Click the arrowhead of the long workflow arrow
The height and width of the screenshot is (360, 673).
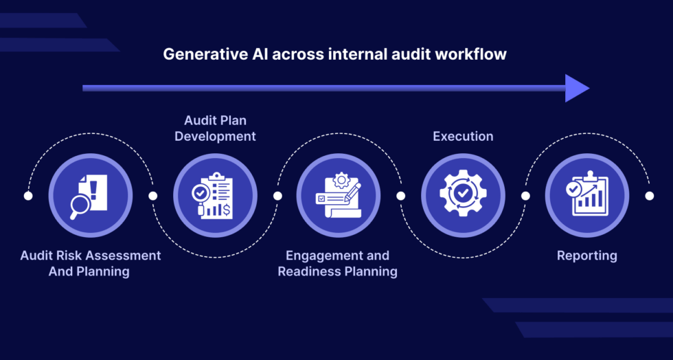(x=577, y=88)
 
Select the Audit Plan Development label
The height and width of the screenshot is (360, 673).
(x=215, y=128)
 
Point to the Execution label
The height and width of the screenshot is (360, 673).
(x=463, y=136)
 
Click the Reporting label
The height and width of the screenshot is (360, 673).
(x=586, y=256)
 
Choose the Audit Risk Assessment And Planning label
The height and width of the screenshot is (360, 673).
(x=90, y=263)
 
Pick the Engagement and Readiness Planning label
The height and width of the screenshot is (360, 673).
(x=337, y=263)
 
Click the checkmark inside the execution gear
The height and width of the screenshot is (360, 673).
(x=463, y=195)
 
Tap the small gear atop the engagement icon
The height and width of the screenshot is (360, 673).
(x=341, y=181)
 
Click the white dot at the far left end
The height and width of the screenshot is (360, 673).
(x=28, y=196)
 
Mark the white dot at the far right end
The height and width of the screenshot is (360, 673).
(x=649, y=196)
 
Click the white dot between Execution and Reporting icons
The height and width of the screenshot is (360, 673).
(x=525, y=196)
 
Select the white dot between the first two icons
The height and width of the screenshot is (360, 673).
(x=152, y=196)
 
